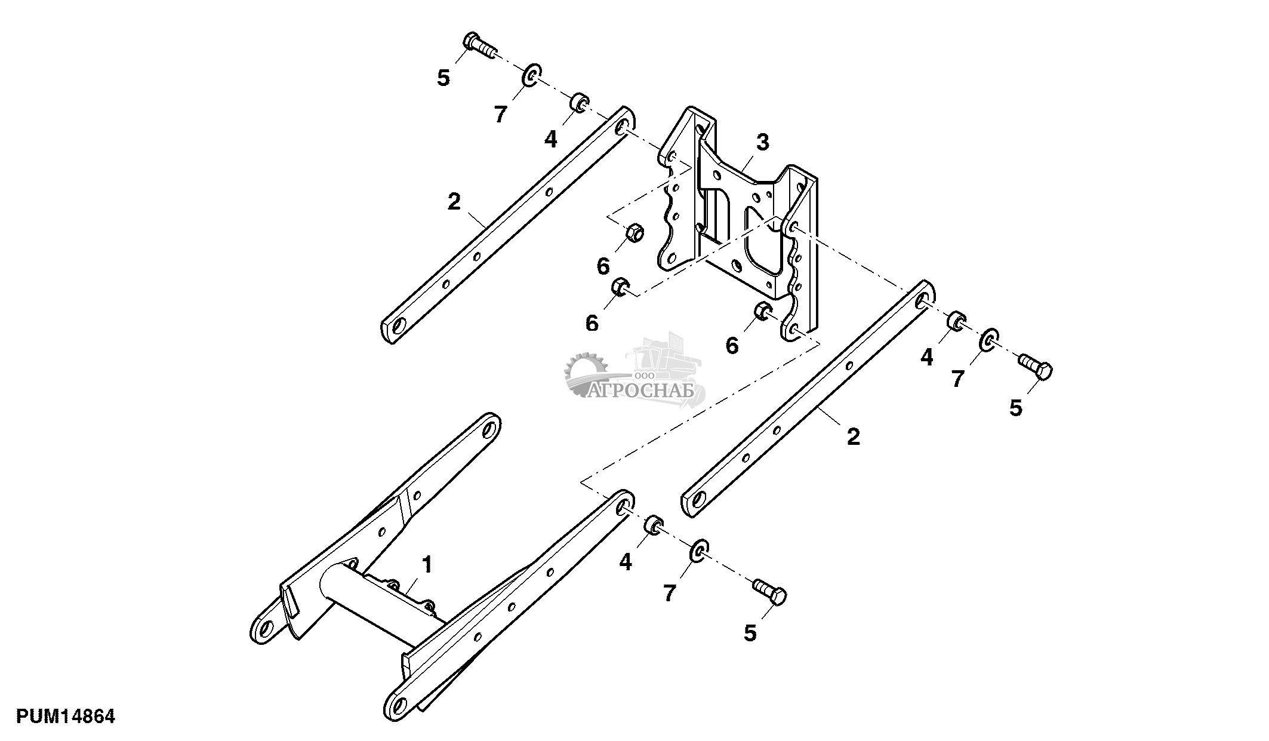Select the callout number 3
click(x=762, y=143)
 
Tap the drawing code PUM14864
click(x=66, y=716)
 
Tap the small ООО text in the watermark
click(x=645, y=375)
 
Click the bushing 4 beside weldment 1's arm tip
click(x=653, y=525)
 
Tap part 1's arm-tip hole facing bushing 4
click(x=623, y=508)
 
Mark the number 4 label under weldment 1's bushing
click(x=626, y=562)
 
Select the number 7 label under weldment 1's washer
click(x=669, y=593)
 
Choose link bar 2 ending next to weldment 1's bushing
click(x=806, y=406)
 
